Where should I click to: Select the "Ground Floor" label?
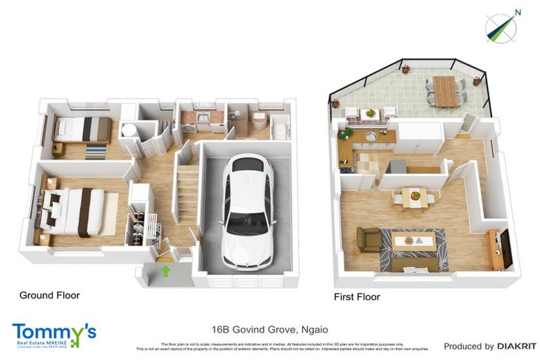pyautogui.click(x=49, y=295)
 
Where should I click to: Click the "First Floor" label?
pyautogui.click(x=356, y=297)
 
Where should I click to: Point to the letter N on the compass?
pyautogui.click(x=517, y=12)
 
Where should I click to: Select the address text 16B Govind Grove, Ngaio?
pyautogui.click(x=270, y=329)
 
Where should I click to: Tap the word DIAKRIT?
pyautogui.click(x=517, y=346)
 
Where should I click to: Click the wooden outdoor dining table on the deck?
pyautogui.click(x=445, y=91)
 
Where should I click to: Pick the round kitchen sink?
pyautogui.click(x=370, y=136)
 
